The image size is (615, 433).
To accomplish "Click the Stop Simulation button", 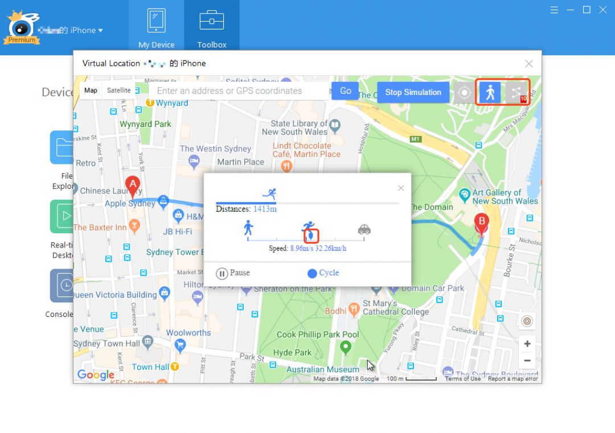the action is [x=413, y=92].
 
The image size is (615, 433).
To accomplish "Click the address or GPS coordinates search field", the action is [x=239, y=91].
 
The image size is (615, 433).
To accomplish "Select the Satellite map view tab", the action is [x=118, y=90].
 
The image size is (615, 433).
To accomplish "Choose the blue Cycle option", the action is [x=323, y=273].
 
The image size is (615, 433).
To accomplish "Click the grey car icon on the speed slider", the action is [x=364, y=229].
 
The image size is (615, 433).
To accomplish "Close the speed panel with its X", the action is [x=401, y=188].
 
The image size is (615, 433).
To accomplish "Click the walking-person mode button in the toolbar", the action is [x=489, y=92].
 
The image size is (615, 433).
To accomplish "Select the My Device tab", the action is [x=156, y=27].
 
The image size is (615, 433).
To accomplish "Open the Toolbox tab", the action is [x=212, y=27].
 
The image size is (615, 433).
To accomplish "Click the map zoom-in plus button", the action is [x=527, y=344].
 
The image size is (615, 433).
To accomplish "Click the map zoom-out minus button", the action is [x=527, y=360].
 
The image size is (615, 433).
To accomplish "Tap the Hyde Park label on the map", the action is [x=292, y=353].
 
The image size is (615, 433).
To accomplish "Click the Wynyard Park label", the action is [x=145, y=124].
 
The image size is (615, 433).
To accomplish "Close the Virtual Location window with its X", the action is [x=529, y=64].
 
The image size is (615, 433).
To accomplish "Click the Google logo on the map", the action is [x=96, y=374].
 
